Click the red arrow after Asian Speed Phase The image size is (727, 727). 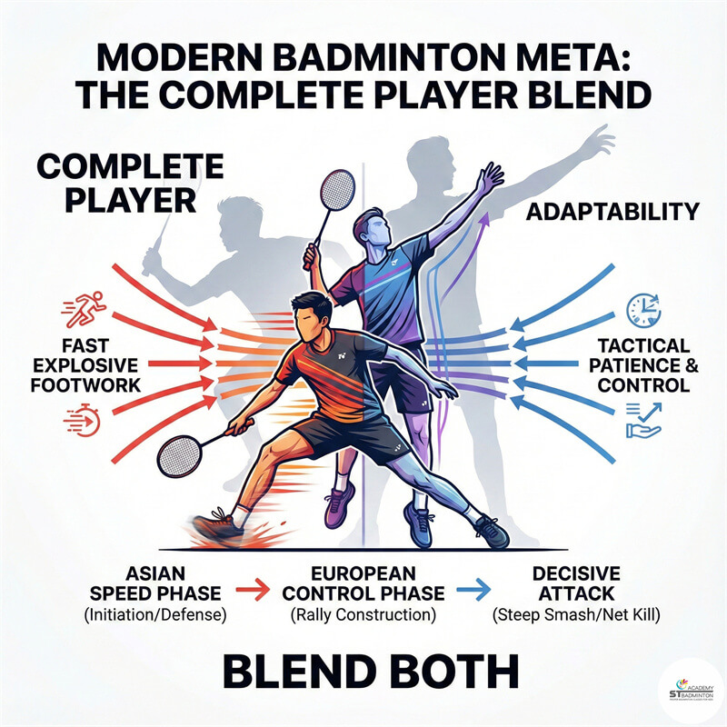257,592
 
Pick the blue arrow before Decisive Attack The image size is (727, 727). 469,592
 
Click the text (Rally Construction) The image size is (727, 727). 363,616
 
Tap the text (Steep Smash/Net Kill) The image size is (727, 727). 577,616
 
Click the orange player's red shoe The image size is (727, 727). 216,528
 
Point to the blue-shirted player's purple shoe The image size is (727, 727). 340,503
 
